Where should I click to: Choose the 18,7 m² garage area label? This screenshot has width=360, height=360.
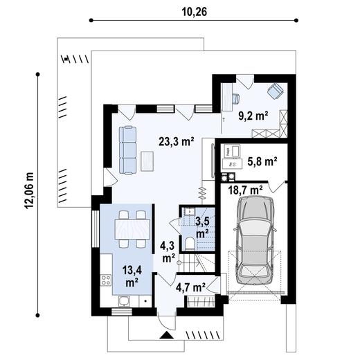(x=246, y=189)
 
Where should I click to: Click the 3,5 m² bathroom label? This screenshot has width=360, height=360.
(x=201, y=227)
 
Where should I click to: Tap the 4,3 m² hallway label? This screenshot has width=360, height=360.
(x=168, y=251)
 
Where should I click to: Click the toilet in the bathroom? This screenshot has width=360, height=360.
(x=189, y=243)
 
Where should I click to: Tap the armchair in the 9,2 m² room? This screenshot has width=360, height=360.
(x=275, y=91)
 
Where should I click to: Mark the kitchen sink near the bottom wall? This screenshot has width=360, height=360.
(x=123, y=300)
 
